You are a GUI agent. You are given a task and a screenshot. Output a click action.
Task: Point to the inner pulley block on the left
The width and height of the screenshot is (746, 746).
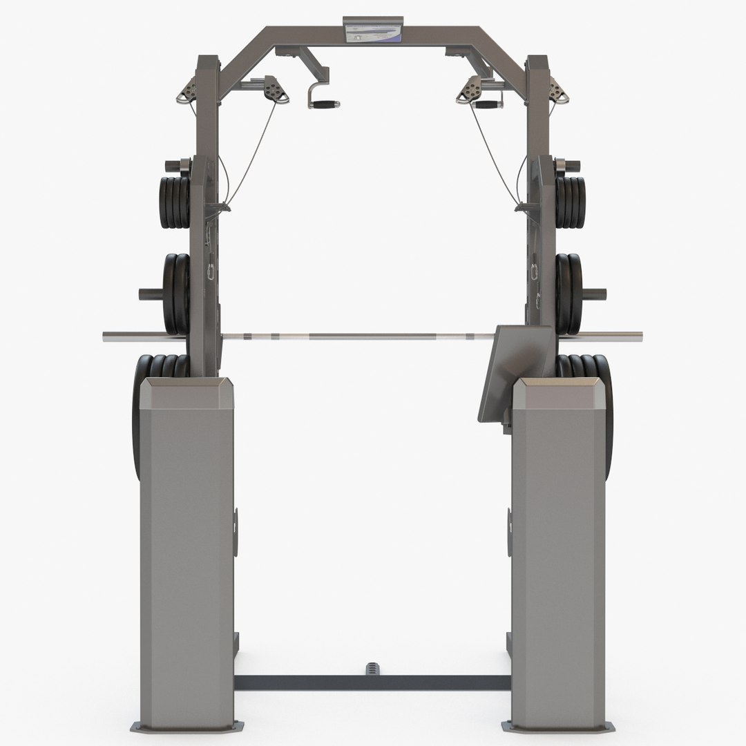(275, 90)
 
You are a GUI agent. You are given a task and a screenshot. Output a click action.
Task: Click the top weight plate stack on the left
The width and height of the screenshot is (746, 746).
(173, 202)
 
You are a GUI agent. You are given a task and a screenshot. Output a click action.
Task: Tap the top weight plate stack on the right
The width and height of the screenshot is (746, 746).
(571, 202)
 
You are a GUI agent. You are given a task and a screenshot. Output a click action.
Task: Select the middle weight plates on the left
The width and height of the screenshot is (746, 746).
(176, 293)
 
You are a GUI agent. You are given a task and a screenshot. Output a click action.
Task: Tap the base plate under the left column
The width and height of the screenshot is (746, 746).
(186, 726)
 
